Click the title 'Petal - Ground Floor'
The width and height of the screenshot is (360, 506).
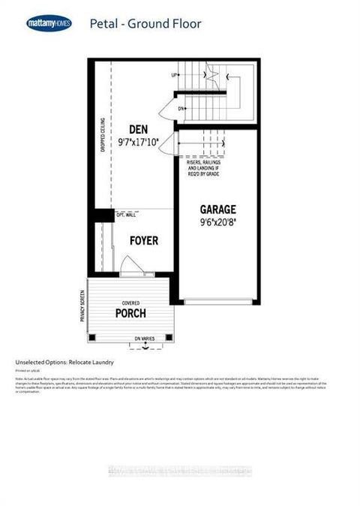pos(145,24)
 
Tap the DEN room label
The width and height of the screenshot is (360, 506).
pos(137,128)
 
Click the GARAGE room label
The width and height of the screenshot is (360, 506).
pos(217,209)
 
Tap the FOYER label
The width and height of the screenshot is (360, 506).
pos(143,241)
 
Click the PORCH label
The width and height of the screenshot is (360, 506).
pos(131,313)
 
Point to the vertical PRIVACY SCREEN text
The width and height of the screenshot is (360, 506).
pos(81,306)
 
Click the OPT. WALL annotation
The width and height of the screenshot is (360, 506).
pos(125,215)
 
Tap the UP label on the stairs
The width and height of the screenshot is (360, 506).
pos(174,76)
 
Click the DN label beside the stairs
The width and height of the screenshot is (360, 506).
pos(181,109)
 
